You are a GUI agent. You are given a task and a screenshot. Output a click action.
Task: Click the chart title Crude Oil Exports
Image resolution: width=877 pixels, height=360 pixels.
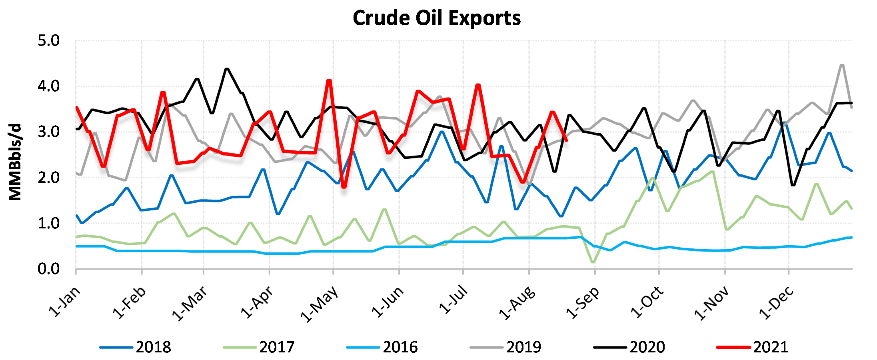[437, 18]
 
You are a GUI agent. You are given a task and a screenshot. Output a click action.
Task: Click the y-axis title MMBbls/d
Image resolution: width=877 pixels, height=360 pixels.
[15, 162]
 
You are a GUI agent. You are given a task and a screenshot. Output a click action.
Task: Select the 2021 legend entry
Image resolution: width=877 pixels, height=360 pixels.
[770, 347]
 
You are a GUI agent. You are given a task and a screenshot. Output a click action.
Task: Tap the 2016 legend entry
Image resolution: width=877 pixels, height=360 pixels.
[400, 347]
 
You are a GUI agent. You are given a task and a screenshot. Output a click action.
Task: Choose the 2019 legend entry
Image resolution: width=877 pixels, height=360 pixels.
[523, 347]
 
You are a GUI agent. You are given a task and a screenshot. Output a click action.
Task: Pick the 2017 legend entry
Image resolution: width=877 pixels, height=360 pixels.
[276, 347]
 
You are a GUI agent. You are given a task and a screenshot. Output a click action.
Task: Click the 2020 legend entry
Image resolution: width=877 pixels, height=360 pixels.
[647, 347]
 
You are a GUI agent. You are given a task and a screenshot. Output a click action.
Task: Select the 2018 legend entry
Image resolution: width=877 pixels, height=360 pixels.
[153, 347]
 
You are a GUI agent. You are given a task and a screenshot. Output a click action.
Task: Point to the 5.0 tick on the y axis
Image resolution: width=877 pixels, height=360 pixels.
[48, 41]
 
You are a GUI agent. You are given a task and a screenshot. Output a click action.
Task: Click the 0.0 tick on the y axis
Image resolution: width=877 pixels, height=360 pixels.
[48, 269]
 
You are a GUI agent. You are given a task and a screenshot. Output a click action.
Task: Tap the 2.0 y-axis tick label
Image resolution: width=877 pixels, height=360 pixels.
[48, 178]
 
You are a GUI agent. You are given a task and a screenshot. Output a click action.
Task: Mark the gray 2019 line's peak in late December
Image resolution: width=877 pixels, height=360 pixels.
[842, 65]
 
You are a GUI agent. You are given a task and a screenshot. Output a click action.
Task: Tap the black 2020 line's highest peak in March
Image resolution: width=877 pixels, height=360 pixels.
[227, 69]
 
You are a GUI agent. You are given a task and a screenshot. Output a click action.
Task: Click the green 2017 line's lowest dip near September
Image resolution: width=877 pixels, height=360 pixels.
[593, 262]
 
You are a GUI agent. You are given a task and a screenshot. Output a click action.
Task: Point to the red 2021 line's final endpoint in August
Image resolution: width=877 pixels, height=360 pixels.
[566, 140]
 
